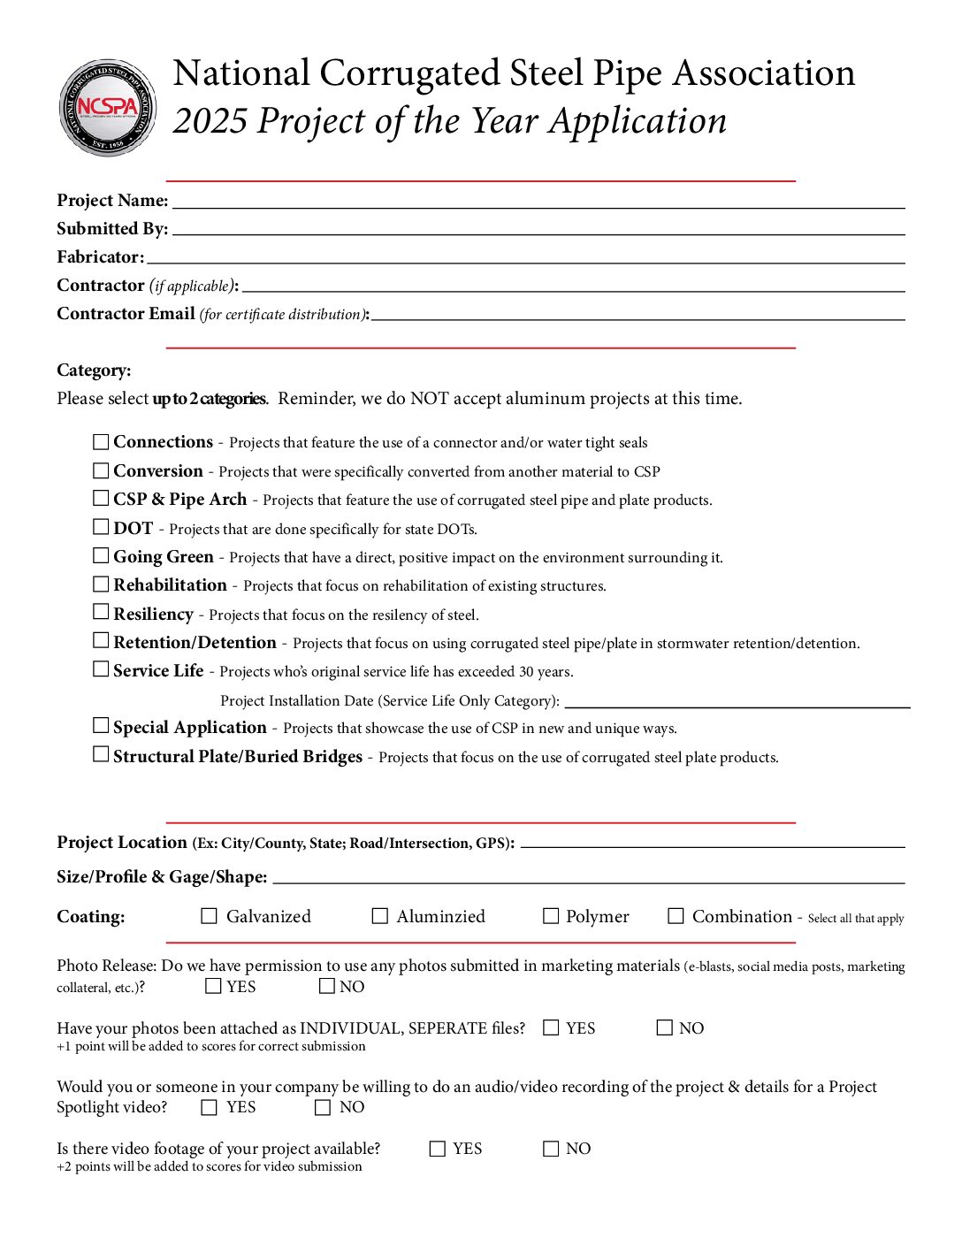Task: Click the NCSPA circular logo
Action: click(x=108, y=108)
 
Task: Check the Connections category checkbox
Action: click(x=102, y=441)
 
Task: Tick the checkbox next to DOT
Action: click(x=102, y=527)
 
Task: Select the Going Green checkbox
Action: click(x=102, y=556)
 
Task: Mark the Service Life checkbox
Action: click(x=102, y=669)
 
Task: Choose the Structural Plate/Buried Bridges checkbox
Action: click(x=102, y=754)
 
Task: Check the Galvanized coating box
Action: click(x=210, y=916)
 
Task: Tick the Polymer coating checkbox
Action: click(x=551, y=916)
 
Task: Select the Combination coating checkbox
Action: click(x=676, y=916)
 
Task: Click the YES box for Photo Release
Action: click(x=213, y=986)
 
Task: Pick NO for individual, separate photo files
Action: click(x=665, y=1027)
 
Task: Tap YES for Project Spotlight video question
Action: click(x=210, y=1107)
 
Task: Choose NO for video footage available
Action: click(x=551, y=1149)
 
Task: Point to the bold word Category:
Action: click(x=94, y=370)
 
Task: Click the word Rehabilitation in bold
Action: click(x=170, y=585)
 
